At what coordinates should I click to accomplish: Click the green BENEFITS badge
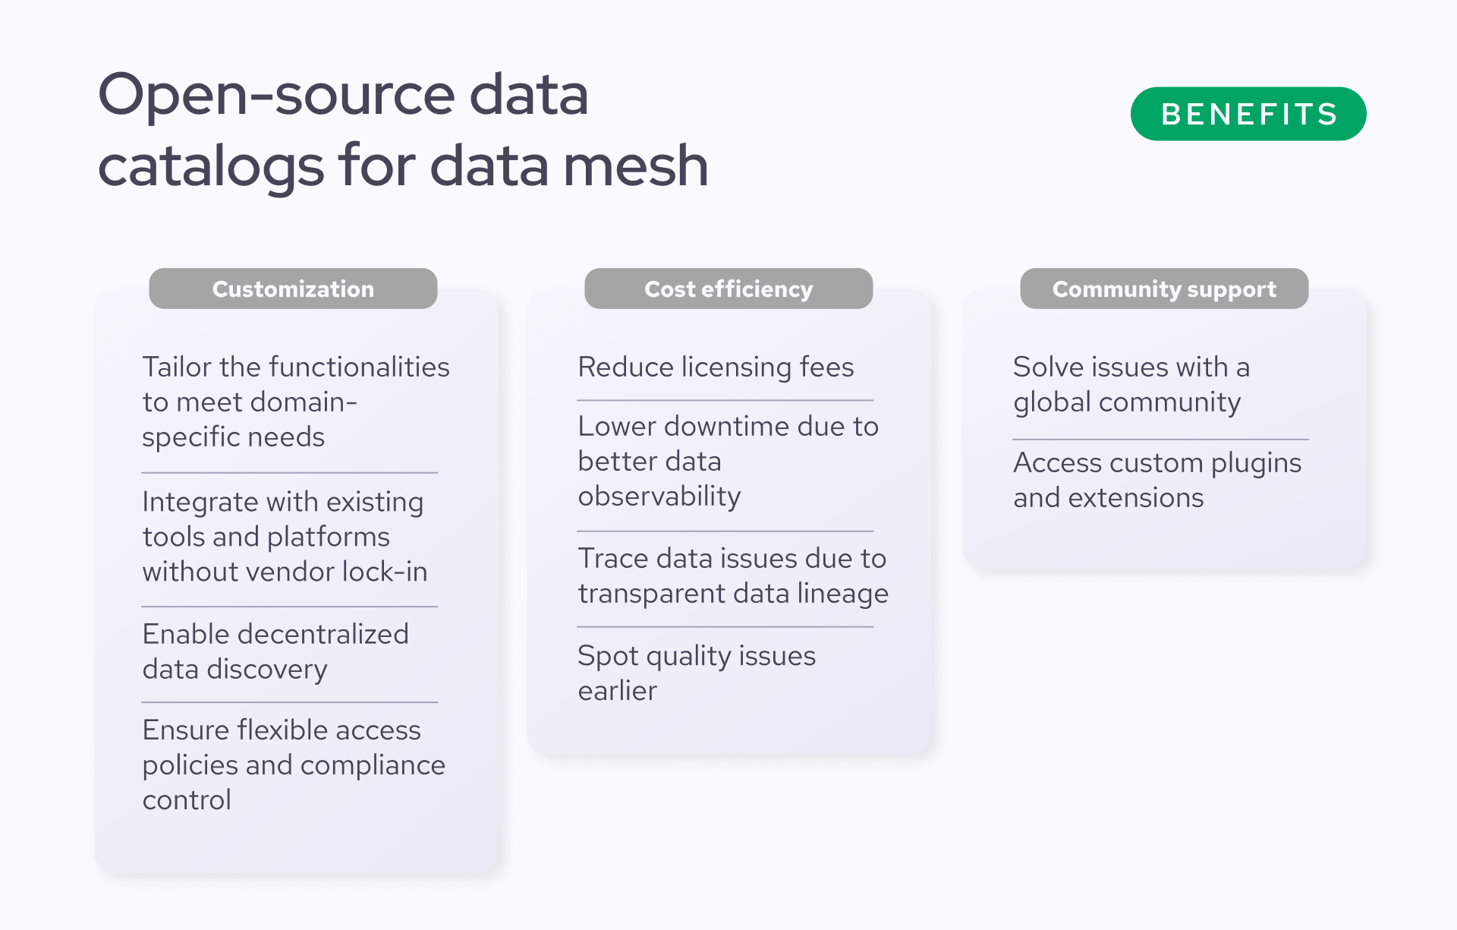[x=1248, y=114]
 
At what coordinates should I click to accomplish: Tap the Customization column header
[x=293, y=288]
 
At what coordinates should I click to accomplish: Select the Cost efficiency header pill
[x=728, y=288]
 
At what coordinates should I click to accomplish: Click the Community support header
[x=1164, y=288]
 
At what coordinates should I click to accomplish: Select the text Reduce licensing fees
[x=716, y=367]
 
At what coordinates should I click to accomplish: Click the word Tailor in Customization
[x=177, y=367]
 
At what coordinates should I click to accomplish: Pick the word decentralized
[x=323, y=634]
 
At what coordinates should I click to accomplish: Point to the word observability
[x=659, y=497]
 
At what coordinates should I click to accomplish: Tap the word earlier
[x=618, y=691]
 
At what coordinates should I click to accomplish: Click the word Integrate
[x=200, y=503]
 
